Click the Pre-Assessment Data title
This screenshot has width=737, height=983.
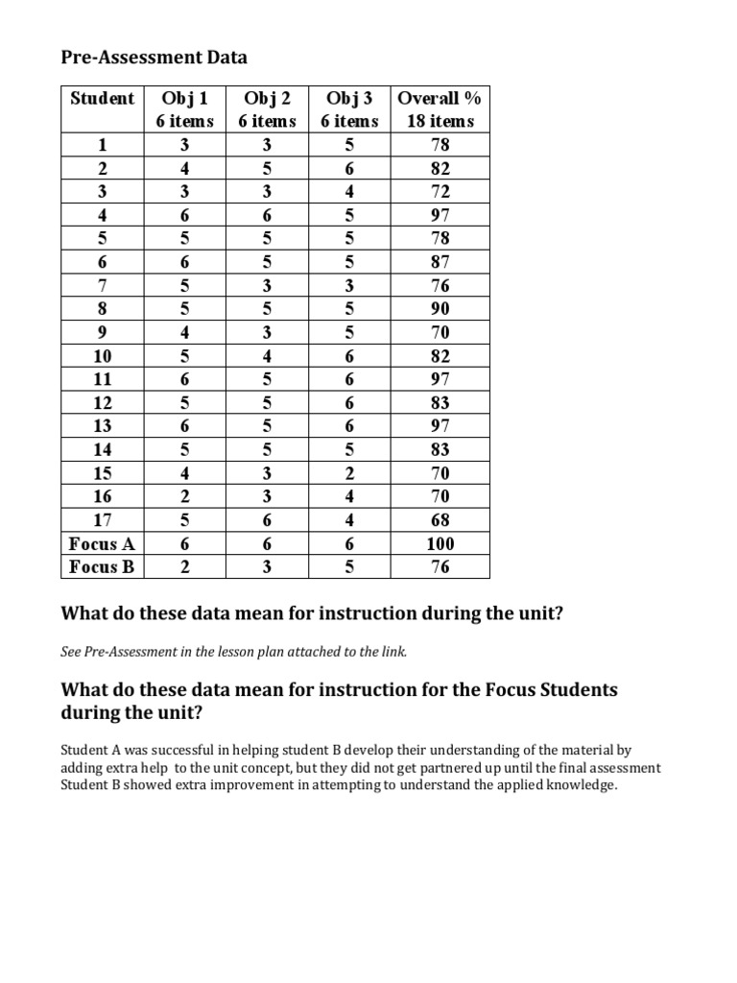tap(154, 58)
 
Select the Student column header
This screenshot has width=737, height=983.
tap(103, 99)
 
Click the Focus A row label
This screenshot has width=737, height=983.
tap(102, 543)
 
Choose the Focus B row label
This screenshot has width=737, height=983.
tap(102, 566)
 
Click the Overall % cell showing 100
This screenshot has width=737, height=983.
tap(440, 543)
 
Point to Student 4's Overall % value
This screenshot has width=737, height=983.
tap(440, 215)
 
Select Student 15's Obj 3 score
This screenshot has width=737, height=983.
tap(349, 473)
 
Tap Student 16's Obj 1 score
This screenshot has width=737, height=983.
tap(185, 496)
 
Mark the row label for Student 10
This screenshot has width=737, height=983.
tap(103, 356)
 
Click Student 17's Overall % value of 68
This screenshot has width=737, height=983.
tap(440, 520)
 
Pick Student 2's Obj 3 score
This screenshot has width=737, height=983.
tap(349, 168)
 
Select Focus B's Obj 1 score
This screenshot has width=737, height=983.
tap(185, 566)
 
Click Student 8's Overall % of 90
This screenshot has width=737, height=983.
tap(440, 309)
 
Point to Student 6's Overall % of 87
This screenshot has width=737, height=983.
tap(440, 262)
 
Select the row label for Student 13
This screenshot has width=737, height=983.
tap(103, 426)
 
